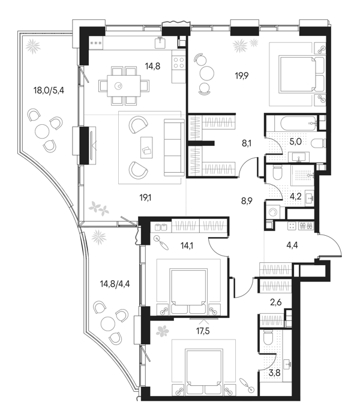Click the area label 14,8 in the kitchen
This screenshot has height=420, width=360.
(x=152, y=65)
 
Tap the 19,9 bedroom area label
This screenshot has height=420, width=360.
(x=242, y=76)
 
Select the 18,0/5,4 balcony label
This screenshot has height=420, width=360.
(x=49, y=91)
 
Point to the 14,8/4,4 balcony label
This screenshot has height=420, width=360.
(x=115, y=284)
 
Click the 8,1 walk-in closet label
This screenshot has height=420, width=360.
(x=247, y=143)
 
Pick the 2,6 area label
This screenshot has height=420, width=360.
(x=275, y=302)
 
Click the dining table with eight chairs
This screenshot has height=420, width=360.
(x=124, y=86)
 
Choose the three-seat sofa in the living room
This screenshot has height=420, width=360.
(x=174, y=148)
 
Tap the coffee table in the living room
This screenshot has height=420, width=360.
(x=146, y=148)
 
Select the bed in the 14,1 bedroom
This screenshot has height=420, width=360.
(x=189, y=292)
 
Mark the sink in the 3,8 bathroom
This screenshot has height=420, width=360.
(x=287, y=364)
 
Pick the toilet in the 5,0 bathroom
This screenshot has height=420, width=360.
(x=318, y=143)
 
